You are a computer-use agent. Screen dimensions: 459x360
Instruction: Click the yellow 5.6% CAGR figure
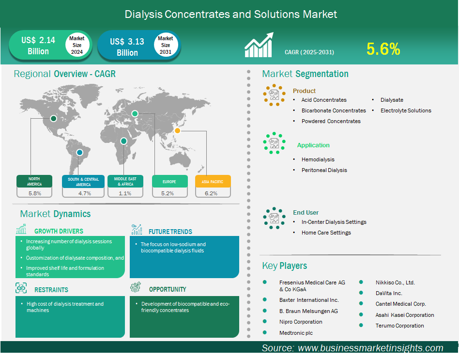coord(383,49)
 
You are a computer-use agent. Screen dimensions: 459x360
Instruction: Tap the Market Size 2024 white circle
coord(77,45)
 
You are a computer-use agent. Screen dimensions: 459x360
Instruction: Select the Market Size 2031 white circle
coord(166,45)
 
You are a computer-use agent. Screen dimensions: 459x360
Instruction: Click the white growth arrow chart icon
coord(259,45)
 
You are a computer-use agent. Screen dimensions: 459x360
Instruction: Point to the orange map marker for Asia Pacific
coord(177,131)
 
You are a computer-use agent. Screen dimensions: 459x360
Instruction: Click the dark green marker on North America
coord(53,118)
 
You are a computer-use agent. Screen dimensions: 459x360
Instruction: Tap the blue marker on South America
coord(79,152)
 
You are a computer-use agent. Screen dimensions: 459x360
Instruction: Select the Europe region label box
coord(170,181)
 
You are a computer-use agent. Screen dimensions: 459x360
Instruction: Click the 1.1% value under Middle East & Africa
coord(125,193)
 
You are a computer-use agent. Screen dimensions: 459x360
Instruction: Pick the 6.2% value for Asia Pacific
coord(211,193)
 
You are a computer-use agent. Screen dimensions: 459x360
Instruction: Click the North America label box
coord(34,181)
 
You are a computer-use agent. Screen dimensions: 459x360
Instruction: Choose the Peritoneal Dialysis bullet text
coord(324,170)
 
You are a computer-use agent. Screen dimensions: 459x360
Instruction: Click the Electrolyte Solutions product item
coord(406,110)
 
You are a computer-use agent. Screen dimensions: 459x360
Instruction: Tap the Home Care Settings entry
coord(326,233)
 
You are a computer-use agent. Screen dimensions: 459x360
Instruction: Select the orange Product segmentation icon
coord(274,95)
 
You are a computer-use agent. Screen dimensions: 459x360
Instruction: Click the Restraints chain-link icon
coord(21,288)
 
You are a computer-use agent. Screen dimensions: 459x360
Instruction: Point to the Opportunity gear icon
coord(136,287)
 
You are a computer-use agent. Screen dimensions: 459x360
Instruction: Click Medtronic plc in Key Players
coord(296,333)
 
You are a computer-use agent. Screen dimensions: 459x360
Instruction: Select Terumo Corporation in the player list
coord(399,326)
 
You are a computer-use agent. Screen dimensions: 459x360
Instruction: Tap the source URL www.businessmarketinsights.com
coord(370,348)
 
